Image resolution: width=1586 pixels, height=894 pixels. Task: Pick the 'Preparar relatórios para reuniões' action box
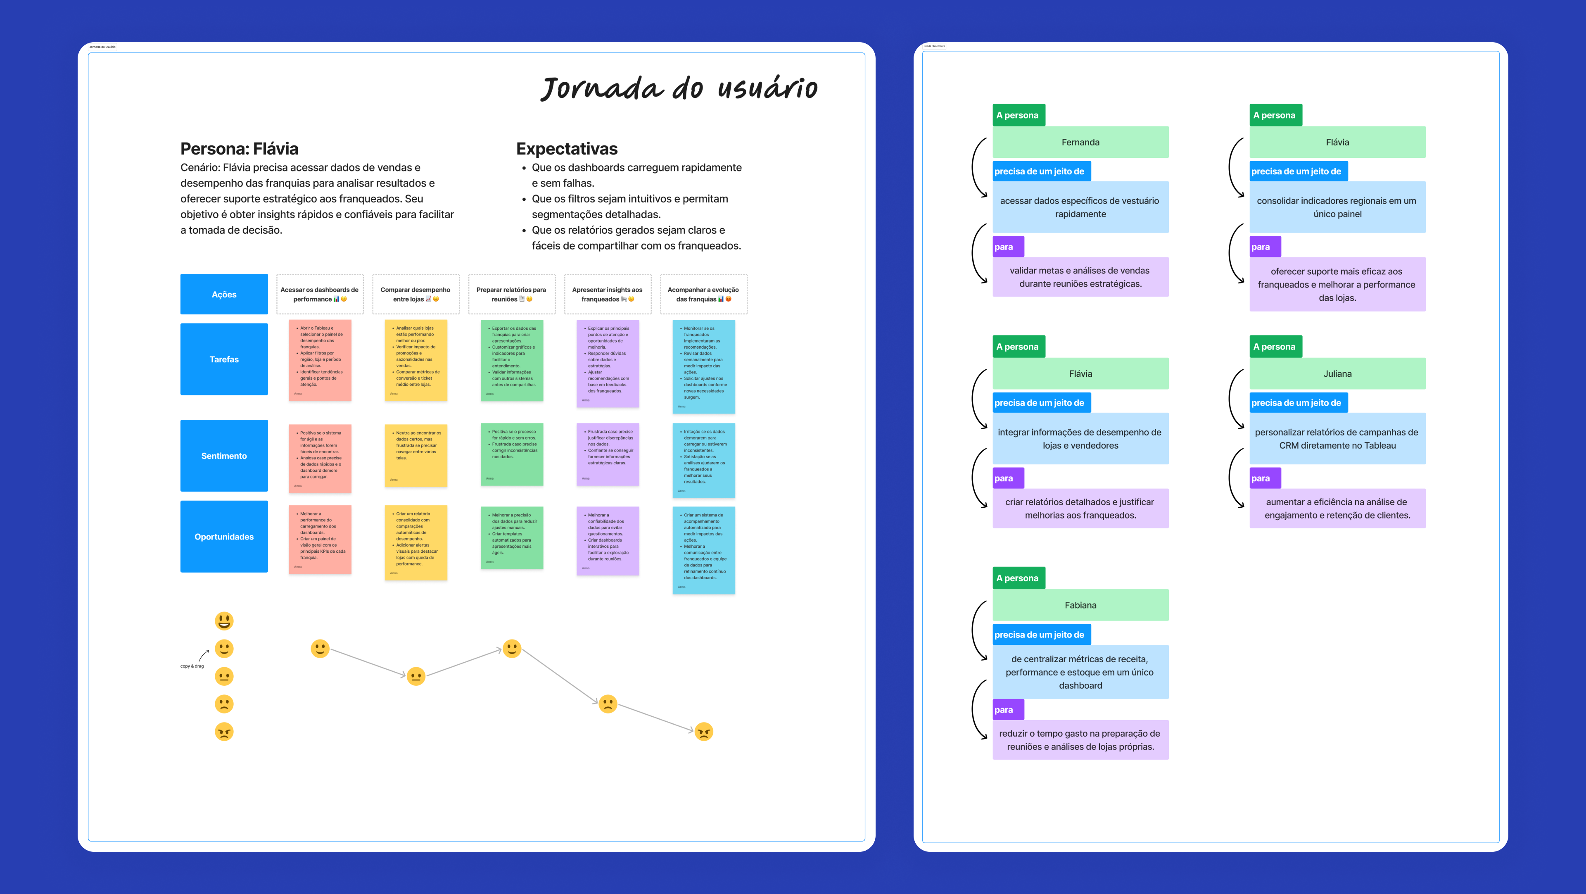512,294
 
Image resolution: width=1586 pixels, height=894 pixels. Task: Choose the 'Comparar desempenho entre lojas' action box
415,294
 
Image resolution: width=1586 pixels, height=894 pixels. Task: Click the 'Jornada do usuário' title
679,88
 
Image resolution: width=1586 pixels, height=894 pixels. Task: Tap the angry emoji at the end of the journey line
704,732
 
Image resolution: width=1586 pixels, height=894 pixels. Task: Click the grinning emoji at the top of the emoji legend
224,621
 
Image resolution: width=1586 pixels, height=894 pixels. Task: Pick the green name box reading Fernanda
1080,142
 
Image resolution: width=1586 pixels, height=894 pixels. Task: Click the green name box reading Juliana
1337,374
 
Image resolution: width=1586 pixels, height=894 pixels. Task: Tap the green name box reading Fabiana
1080,605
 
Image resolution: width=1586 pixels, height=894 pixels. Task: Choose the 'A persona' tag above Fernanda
1019,115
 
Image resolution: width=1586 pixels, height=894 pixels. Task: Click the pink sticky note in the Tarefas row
320,360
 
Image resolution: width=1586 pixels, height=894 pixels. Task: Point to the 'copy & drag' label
192,666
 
